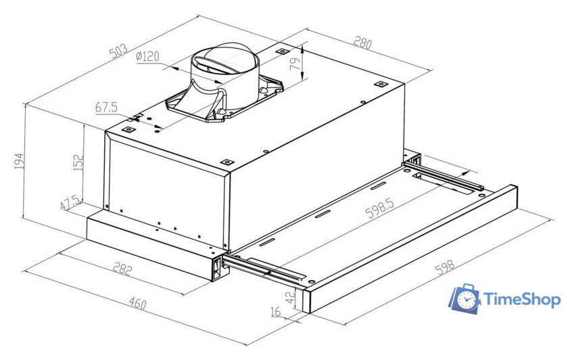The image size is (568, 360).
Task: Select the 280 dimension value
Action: (362, 43)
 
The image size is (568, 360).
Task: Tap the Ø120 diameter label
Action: (147, 58)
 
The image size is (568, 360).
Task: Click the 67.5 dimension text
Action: (106, 107)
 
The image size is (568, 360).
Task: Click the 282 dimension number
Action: (122, 269)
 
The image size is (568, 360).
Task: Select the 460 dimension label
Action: (137, 304)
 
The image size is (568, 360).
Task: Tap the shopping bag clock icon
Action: (465, 299)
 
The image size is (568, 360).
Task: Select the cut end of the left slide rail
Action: (218, 268)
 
